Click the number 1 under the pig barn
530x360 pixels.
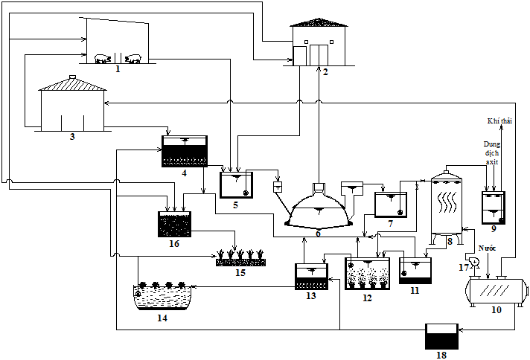[x=118, y=69]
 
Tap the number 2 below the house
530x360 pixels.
[x=325, y=72]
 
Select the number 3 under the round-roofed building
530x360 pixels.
[x=71, y=137]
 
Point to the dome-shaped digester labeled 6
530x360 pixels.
[x=318, y=211]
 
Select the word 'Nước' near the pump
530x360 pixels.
[x=487, y=248]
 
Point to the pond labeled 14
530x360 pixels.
[x=162, y=295]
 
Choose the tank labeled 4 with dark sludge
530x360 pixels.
[x=185, y=151]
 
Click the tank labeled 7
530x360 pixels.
[x=390, y=204]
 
